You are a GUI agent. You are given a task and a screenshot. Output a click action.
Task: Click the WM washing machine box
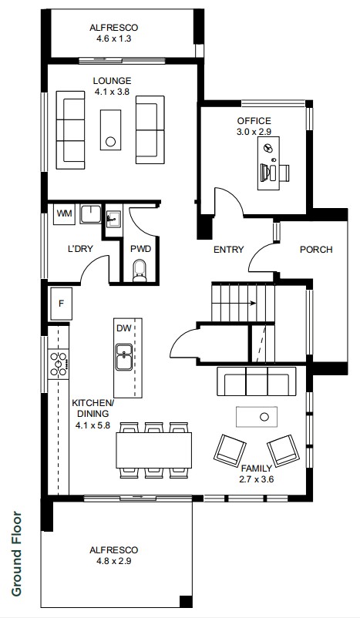click(64, 214)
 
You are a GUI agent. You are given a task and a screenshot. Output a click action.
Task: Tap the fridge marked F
click(61, 304)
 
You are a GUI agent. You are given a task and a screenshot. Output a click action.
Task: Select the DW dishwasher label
click(122, 328)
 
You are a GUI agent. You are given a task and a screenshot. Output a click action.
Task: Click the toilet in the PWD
click(140, 270)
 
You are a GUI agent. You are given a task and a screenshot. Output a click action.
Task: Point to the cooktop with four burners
click(59, 364)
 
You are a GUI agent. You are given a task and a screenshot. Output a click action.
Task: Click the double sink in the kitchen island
click(124, 357)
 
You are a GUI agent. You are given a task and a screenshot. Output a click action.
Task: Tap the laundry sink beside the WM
click(91, 214)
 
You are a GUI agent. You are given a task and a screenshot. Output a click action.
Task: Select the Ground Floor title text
click(16, 553)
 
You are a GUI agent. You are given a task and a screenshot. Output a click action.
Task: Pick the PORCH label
click(316, 250)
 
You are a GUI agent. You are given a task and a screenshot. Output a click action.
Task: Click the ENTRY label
click(229, 250)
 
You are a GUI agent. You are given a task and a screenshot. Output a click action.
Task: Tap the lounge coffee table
click(110, 129)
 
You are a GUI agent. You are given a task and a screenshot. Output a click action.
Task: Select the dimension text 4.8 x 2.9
click(113, 560)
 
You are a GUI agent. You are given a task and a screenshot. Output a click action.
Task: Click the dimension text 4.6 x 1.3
click(113, 39)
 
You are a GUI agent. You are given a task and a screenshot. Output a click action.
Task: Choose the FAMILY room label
click(256, 469)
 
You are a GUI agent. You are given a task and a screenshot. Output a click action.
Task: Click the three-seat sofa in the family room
click(256, 381)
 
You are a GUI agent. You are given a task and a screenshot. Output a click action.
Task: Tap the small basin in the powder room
click(113, 217)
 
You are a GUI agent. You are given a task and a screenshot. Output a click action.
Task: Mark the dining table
click(153, 450)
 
